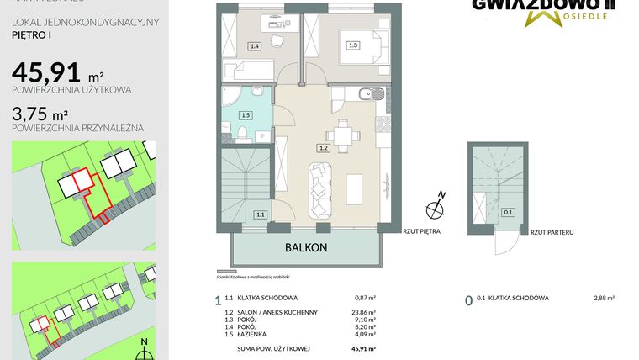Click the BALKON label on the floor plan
click(304, 248)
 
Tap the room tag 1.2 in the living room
click(322, 147)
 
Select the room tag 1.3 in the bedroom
click(353, 45)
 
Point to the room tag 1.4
click(254, 46)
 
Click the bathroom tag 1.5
click(246, 114)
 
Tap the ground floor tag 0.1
click(507, 212)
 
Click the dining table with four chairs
click(341, 135)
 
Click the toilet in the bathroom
click(241, 133)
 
